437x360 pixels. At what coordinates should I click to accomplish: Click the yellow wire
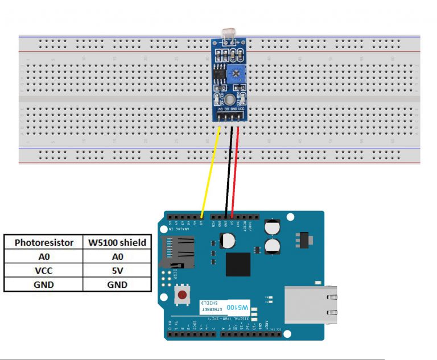pos(211,171)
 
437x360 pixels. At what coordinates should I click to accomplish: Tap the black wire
pos(229,171)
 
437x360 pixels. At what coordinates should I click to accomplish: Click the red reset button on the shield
pos(183,295)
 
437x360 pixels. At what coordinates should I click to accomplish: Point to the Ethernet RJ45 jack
pos(310,301)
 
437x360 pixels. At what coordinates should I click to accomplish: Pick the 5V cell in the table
pos(116,271)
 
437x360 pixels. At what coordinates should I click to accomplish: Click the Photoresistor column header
pos(44,242)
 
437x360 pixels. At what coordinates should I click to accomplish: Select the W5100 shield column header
pos(116,242)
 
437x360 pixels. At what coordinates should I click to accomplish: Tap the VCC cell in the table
pos(44,271)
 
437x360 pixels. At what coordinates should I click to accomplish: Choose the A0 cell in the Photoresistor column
pos(44,256)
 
